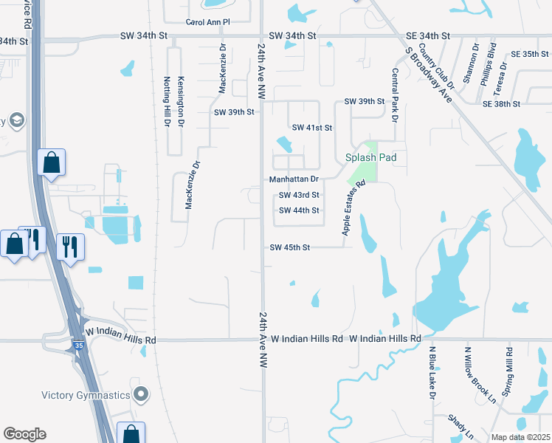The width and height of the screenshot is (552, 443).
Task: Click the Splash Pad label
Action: tap(371, 157)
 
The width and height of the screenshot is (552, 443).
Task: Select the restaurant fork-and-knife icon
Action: tap(70, 246)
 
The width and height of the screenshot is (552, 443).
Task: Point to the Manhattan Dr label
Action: tap(294, 179)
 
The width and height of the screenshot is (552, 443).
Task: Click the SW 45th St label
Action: tap(290, 247)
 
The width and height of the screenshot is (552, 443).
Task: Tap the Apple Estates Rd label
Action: tap(353, 209)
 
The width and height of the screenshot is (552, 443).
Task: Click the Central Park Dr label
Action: tap(396, 95)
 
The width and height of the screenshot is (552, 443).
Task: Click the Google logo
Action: tap(25, 434)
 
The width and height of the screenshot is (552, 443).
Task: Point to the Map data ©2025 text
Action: tap(521, 437)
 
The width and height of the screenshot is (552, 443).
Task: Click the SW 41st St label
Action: tap(312, 128)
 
